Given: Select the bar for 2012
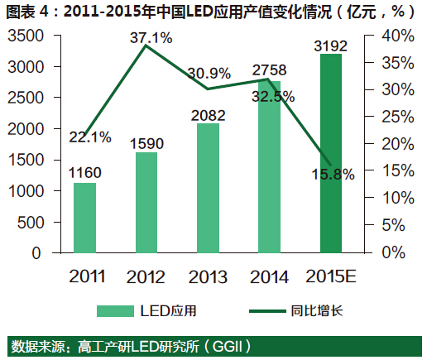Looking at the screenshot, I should tap(146, 203).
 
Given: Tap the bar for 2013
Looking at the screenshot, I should tap(208, 189).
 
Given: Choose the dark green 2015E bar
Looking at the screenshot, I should tap(330, 154).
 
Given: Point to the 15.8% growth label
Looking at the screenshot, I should tap(332, 174).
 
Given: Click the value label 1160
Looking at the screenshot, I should tap(85, 173).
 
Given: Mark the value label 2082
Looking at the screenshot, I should tap(209, 113).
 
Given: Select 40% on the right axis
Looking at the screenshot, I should tap(397, 36).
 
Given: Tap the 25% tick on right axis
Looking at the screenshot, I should tap(397, 117).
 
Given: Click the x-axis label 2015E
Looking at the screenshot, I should tap(331, 274).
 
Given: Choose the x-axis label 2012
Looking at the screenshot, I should tap(146, 274).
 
